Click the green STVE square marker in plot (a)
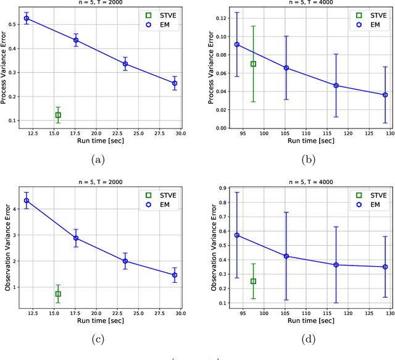(x=58, y=115)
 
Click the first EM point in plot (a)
(x=27, y=19)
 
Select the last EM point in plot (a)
(x=175, y=83)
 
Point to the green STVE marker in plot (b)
(x=253, y=64)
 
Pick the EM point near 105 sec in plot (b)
(x=286, y=68)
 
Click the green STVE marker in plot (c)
(x=58, y=294)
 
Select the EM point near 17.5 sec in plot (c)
(x=76, y=238)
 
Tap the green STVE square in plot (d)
(x=253, y=281)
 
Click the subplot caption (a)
(x=98, y=159)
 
